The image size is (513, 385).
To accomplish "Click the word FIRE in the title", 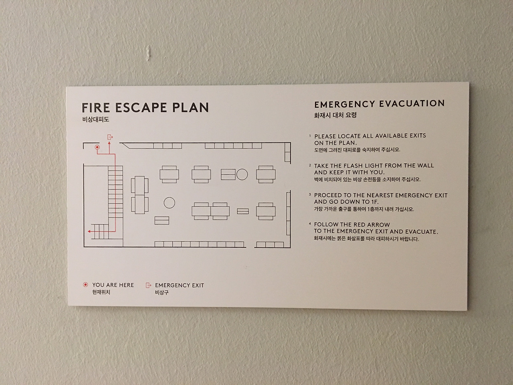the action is pos(96,108).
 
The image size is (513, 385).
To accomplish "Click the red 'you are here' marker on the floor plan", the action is pos(97,147).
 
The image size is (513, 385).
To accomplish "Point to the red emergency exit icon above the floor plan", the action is pos(110,137).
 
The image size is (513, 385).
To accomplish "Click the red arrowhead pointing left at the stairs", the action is pos(89,231).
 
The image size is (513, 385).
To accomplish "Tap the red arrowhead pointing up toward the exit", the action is pos(109,143).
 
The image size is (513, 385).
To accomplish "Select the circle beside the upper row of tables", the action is pos(242,174).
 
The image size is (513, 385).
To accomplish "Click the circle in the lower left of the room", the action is pos(170,203).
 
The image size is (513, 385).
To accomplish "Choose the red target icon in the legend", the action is pos(85,285).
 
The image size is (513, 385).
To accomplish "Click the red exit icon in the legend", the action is pos(148,285).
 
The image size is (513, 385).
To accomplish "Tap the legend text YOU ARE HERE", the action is pos(113,285).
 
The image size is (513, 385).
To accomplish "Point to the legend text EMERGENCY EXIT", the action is pos(180,285).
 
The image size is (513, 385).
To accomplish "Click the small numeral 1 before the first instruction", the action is pos(310,135).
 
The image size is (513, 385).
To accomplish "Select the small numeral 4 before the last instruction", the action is pos(310,224).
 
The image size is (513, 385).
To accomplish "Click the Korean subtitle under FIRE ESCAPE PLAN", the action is pos(96,120).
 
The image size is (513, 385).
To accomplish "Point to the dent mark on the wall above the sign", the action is pos(149,52).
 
